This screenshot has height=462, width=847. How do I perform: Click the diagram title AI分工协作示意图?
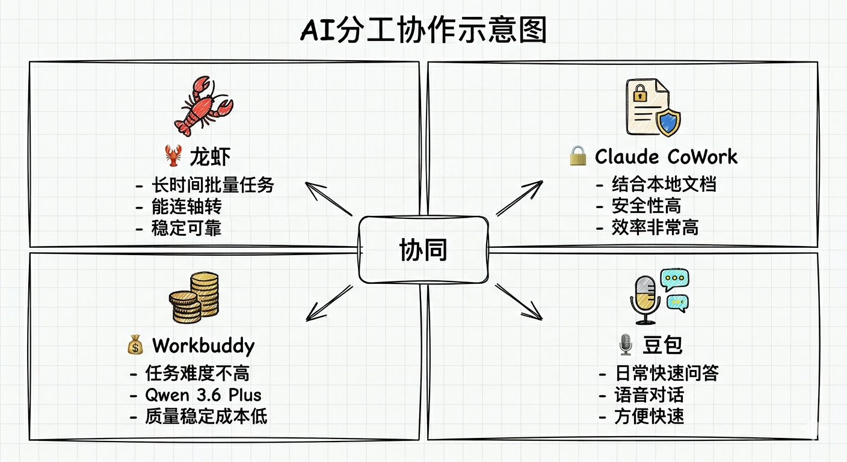click(423, 29)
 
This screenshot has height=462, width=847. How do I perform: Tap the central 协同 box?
click(423, 250)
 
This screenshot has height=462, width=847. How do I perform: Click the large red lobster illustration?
click(203, 106)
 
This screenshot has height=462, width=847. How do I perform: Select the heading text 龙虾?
click(210, 156)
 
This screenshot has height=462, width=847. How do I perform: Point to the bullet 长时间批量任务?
click(213, 185)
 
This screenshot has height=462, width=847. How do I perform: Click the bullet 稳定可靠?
click(186, 229)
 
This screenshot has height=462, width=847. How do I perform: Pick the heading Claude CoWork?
click(666, 156)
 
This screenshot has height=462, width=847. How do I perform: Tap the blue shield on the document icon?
click(668, 123)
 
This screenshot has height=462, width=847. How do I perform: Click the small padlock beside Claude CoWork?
click(577, 156)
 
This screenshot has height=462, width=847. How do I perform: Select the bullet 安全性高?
click(646, 206)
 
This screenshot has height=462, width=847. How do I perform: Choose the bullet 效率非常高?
click(655, 227)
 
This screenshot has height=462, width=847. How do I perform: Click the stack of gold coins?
click(194, 297)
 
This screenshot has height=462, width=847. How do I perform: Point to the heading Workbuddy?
click(203, 346)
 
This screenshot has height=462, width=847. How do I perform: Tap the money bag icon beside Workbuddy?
click(135, 345)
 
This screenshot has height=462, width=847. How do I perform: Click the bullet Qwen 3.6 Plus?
click(203, 395)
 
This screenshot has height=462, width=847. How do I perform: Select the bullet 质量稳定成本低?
click(206, 416)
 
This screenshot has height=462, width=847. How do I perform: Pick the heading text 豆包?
click(662, 345)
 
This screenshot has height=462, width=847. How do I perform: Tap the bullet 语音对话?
click(649, 395)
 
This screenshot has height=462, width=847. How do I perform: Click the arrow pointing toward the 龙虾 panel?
click(328, 199)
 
